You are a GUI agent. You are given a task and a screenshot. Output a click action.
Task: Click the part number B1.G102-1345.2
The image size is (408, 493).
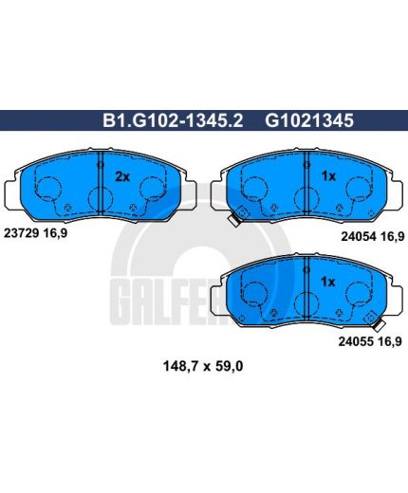pyautogui.click(x=173, y=120)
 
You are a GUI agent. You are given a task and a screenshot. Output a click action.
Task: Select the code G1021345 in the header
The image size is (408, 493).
pyautogui.click(x=309, y=120)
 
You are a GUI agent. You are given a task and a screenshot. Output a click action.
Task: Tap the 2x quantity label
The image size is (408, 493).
pyautogui.click(x=122, y=177)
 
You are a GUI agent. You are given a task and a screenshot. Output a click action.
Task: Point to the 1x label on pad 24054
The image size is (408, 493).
pyautogui.click(x=328, y=176)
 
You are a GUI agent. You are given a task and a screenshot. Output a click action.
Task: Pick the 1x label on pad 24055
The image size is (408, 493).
pyautogui.click(x=327, y=282)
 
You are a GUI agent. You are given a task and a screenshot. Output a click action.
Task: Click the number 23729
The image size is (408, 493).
pyautogui.click(x=21, y=233)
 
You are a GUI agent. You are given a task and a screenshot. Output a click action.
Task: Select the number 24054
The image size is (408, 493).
pyautogui.click(x=359, y=236)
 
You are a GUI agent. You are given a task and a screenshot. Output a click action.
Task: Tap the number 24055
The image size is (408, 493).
pyautogui.click(x=356, y=341)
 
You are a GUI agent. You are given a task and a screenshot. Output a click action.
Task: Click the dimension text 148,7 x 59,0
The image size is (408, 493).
pyautogui.click(x=203, y=367)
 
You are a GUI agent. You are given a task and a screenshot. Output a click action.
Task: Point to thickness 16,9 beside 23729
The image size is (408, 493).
pyautogui.click(x=55, y=234)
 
